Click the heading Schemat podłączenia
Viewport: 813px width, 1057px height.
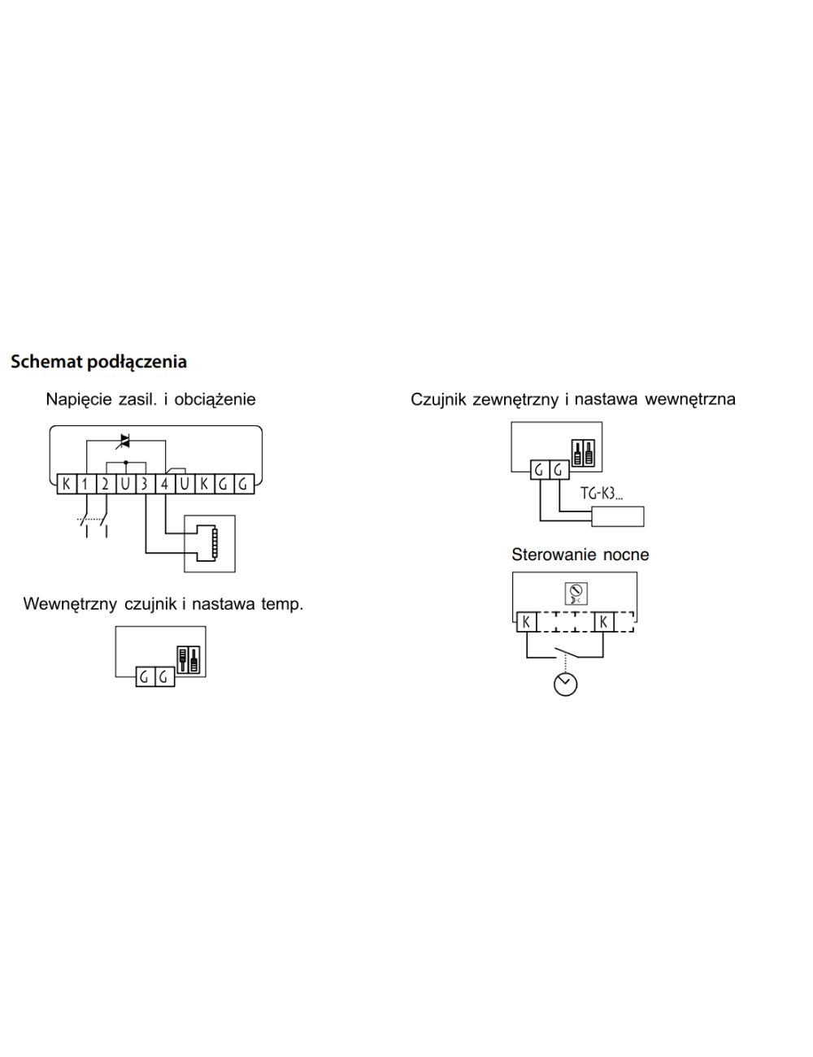click(98, 362)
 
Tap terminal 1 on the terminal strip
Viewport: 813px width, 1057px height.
click(85, 485)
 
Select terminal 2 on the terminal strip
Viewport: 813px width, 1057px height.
click(105, 485)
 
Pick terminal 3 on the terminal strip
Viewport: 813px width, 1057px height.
click(145, 485)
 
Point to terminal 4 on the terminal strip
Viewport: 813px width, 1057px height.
click(164, 485)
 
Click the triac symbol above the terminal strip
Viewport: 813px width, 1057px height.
click(124, 441)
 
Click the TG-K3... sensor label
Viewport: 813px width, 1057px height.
click(601, 494)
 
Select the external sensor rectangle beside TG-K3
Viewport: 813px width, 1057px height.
click(618, 516)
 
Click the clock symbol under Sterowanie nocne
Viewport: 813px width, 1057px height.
click(565, 684)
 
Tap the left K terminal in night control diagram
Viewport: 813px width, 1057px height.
click(527, 622)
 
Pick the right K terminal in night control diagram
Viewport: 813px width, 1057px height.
click(603, 622)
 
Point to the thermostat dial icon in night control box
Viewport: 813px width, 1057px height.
click(575, 594)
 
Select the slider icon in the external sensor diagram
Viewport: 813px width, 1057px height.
click(584, 454)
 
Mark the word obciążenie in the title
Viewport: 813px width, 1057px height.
click(215, 399)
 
